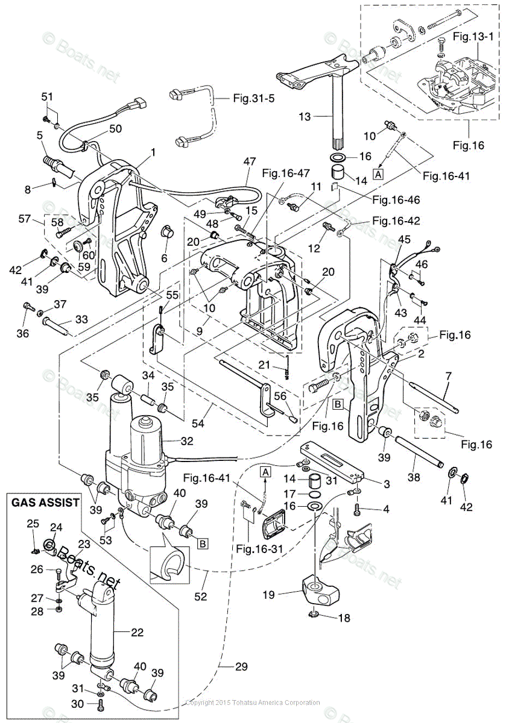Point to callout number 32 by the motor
187,441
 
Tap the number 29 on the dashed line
241,667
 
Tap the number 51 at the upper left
47,96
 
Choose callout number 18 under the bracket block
343,618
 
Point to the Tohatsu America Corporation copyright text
253,703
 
